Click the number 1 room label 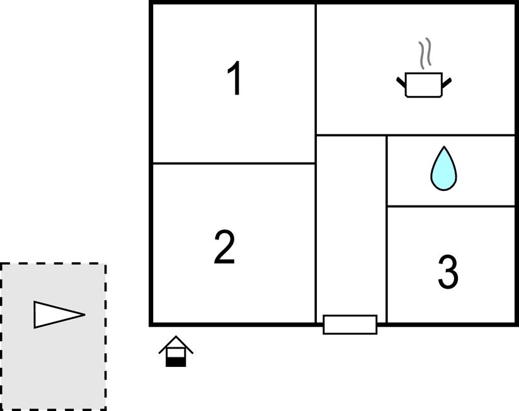coord(235,79)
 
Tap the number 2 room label coord(224,247)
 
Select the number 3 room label coord(448,272)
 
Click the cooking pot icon coord(424,84)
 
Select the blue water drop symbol coord(443,168)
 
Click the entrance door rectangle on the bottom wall coord(350,325)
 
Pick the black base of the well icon coord(176,362)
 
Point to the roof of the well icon coord(176,344)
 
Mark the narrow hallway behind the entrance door coord(351,225)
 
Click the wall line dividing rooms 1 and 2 coord(234,163)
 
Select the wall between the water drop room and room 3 coord(451,206)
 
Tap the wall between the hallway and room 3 coord(386,229)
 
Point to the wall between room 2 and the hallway coord(316,243)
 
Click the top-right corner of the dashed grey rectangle coord(106,264)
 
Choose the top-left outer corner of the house coord(150,1)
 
